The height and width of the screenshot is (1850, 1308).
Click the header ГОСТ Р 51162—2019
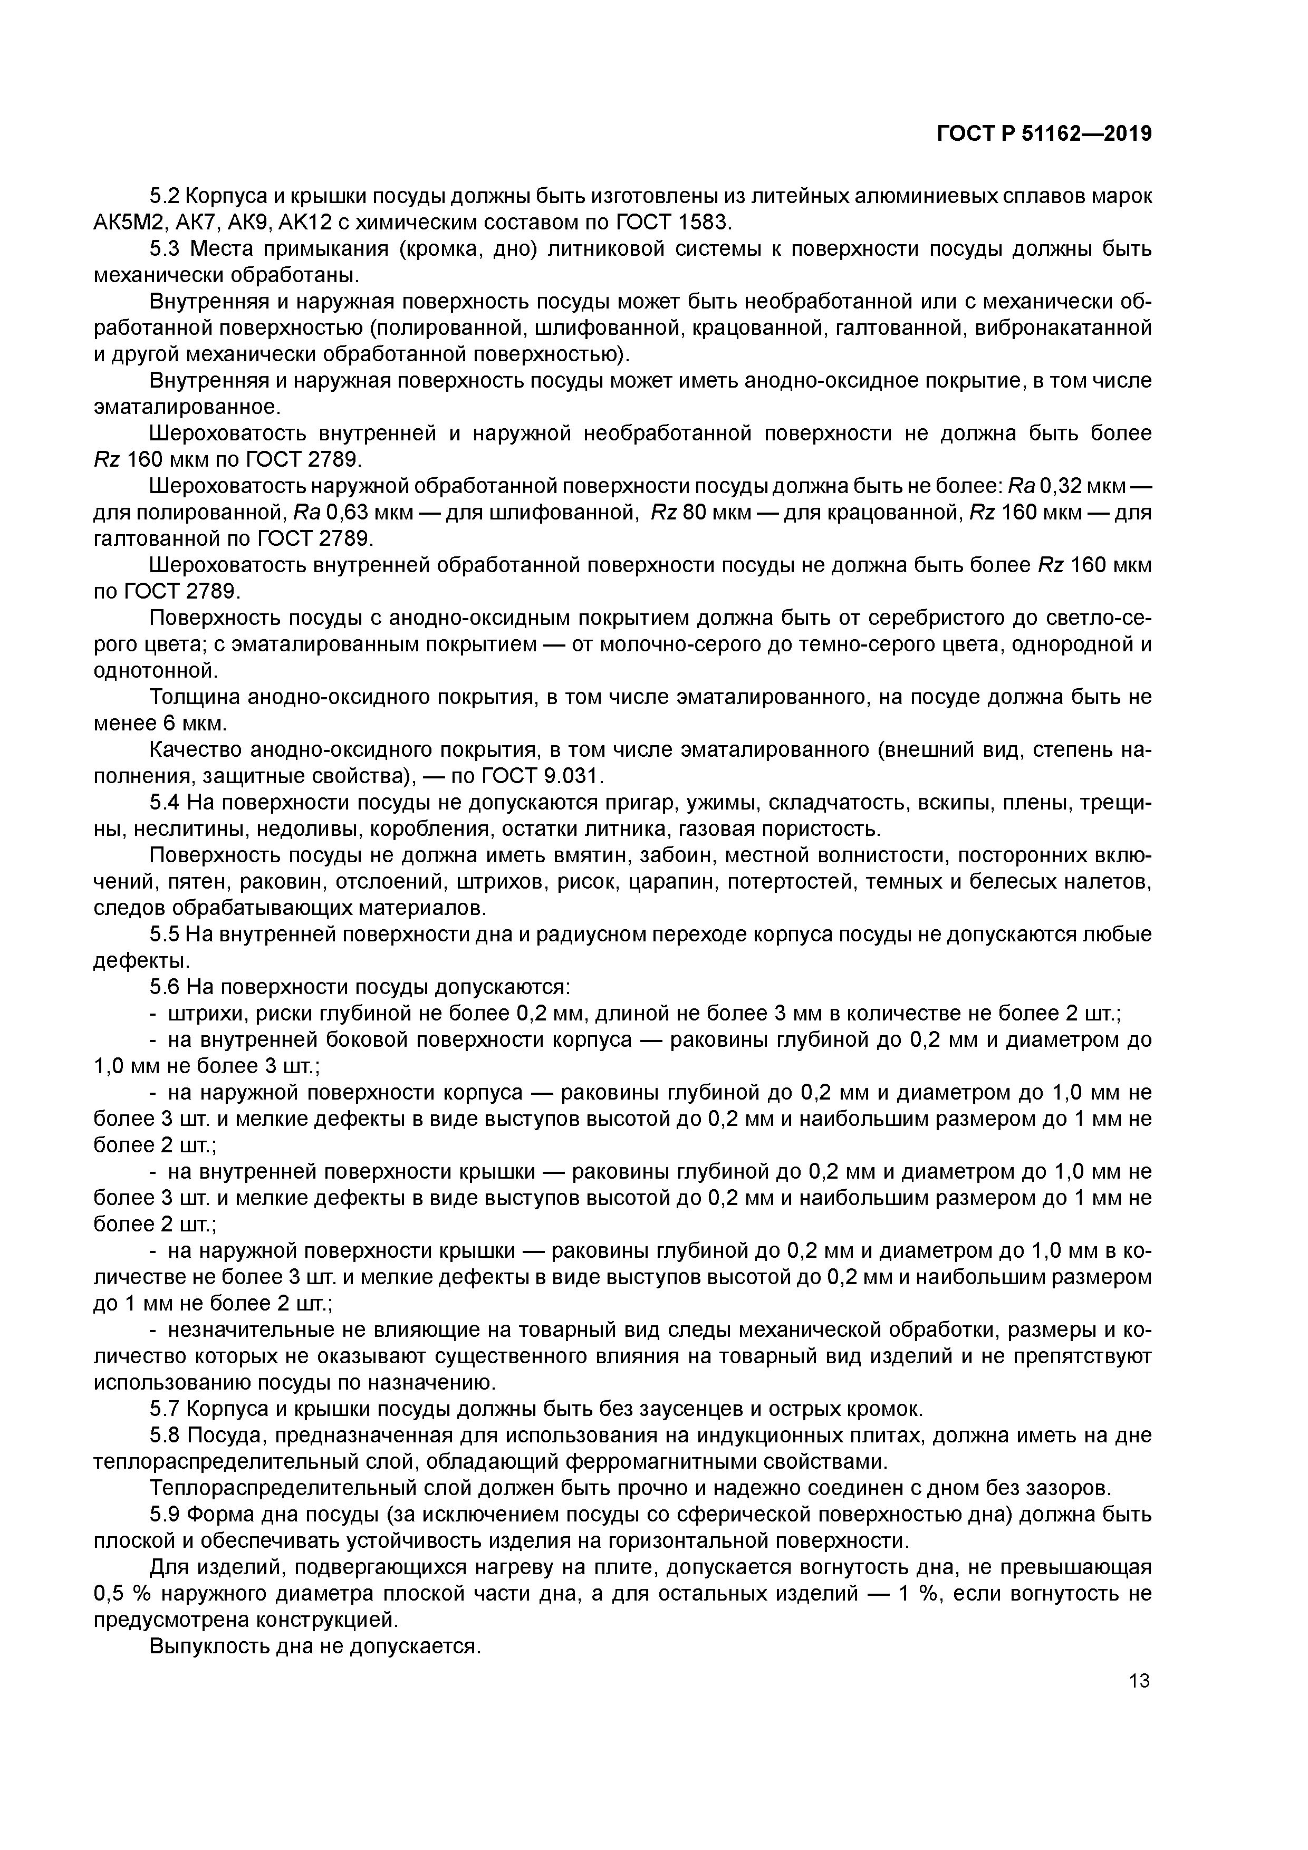[x=1044, y=134]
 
